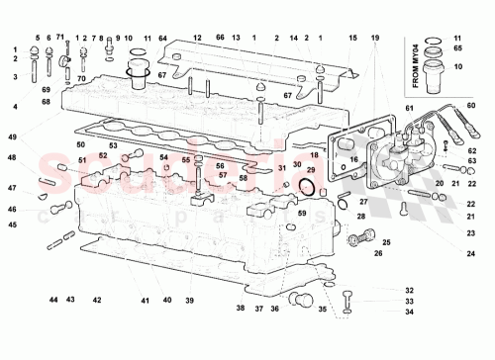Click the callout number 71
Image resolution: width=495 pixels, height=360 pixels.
point(61,37)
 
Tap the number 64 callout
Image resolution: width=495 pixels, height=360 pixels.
point(162,38)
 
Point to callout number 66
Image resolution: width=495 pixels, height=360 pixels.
point(221,38)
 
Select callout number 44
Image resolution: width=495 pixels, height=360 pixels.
point(53,300)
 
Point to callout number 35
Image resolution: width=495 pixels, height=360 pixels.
point(323,309)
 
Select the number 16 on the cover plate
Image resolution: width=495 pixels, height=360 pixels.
point(353,158)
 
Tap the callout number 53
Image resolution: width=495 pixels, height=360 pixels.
point(114,145)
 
